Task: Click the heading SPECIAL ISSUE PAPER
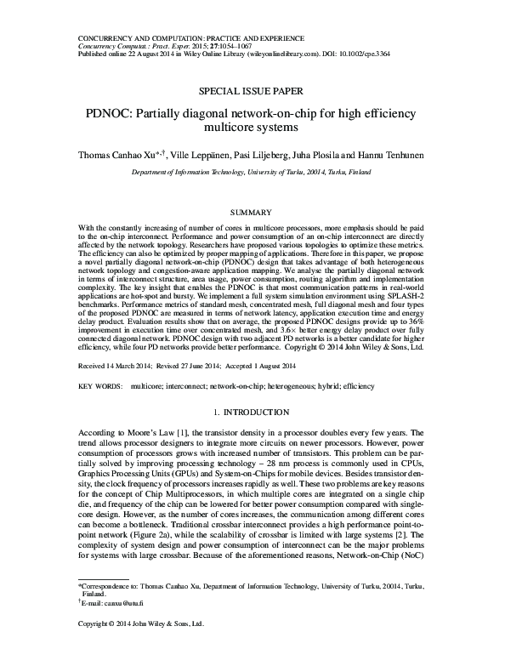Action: coord(252,89)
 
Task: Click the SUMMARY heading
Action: coord(252,212)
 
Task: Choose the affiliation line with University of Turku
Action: coord(252,171)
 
